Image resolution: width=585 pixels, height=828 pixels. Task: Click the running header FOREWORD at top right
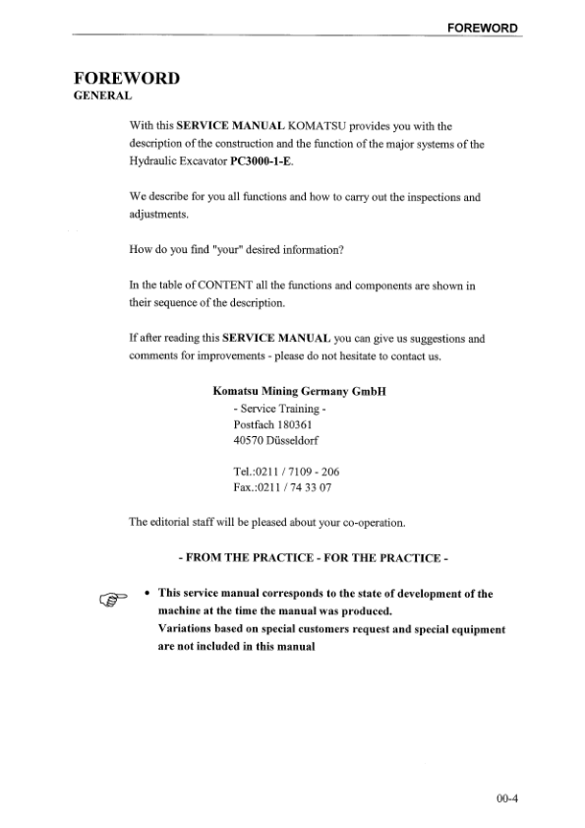(482, 28)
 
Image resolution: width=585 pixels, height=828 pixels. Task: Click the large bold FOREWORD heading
(126, 79)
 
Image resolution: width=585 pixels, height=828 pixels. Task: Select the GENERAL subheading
(102, 97)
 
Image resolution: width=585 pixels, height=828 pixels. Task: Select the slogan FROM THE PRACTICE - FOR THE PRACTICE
(314, 558)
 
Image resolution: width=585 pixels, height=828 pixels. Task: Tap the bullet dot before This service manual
(146, 594)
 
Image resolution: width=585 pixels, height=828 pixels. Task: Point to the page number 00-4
(505, 798)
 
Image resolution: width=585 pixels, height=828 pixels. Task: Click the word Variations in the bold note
(187, 628)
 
